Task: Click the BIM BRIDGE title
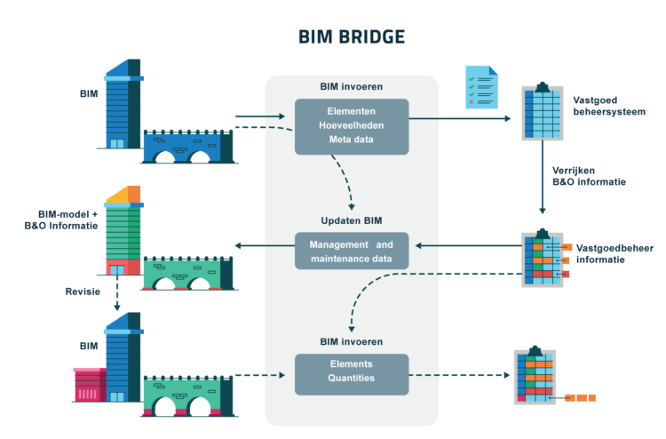coord(352,37)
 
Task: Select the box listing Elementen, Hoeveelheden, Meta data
coord(352,127)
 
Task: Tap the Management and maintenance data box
coord(352,251)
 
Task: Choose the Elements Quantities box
coord(352,374)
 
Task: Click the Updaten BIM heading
coord(352,220)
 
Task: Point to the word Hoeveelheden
coord(352,125)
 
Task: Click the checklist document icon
coord(481,87)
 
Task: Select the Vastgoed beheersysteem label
coord(609,106)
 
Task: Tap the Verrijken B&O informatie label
coord(589,176)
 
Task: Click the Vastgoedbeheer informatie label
coord(614,253)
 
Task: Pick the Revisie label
coord(83,291)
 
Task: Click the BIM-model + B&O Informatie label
coord(61,219)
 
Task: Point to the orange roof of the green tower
coord(123,195)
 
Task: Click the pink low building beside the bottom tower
coord(90,385)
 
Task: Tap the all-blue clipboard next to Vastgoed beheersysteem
coord(543,111)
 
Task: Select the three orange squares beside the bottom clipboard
coord(580,398)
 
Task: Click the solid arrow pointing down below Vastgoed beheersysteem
coord(543,177)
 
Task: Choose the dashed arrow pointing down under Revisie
coord(117,293)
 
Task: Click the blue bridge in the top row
coord(187,147)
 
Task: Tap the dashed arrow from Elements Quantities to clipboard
coord(459,375)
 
